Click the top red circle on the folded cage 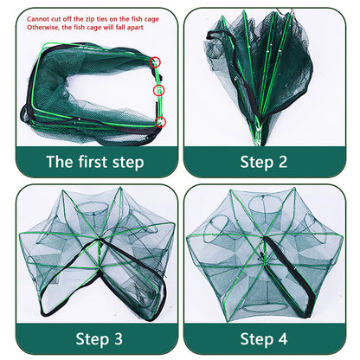[x=156, y=62]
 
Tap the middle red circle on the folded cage [x=157, y=90]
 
